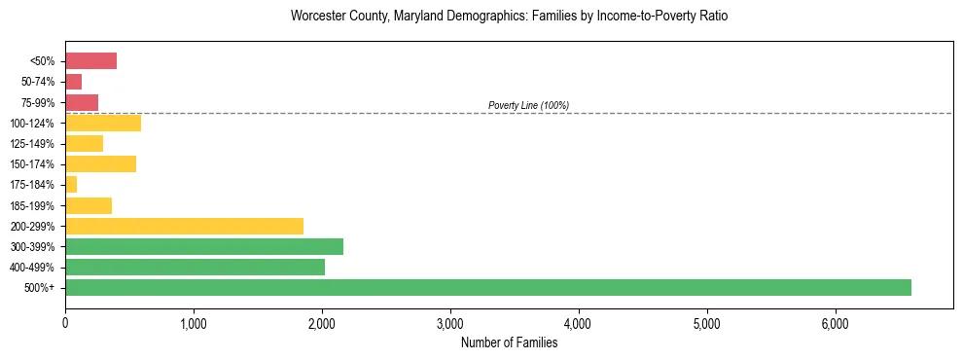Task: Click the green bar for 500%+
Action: coord(487,287)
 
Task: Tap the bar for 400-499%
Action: coord(195,267)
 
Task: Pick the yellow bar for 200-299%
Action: coord(184,226)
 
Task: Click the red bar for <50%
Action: coord(90,61)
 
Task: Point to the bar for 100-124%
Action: coord(103,123)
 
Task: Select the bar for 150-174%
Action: coord(100,163)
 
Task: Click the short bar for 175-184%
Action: coord(71,184)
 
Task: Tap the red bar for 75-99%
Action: coord(82,102)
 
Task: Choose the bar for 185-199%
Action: coord(89,205)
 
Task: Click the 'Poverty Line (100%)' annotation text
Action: coord(528,105)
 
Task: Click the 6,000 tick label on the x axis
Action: coord(836,323)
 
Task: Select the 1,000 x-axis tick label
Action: coord(194,323)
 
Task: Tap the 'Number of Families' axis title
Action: coord(509,342)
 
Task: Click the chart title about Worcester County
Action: coord(509,17)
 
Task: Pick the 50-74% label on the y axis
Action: coord(38,82)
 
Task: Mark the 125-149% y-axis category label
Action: coord(34,144)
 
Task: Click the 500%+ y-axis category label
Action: coord(42,288)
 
